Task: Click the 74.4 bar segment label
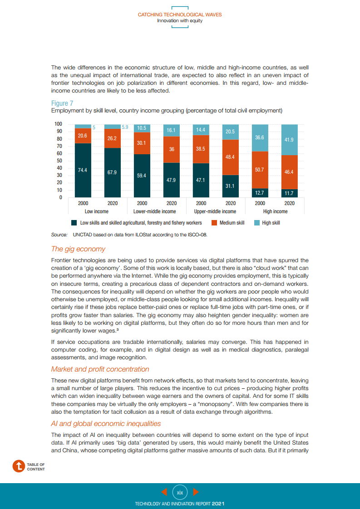[83, 170]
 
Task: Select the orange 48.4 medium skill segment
[230, 157]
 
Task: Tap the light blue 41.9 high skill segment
[289, 140]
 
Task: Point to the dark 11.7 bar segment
[289, 193]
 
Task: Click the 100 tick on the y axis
[58, 124]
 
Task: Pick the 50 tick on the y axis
[59, 161]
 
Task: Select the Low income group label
[97, 211]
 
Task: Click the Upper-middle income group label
[215, 211]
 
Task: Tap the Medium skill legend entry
[232, 223]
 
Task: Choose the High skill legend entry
[271, 223]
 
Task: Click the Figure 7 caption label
[62, 103]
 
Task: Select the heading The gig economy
[78, 249]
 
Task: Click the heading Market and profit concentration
[100, 369]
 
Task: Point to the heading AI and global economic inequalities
[106, 424]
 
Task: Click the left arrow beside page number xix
[164, 491]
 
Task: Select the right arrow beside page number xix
[196, 491]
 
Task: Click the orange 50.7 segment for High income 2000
[260, 170]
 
